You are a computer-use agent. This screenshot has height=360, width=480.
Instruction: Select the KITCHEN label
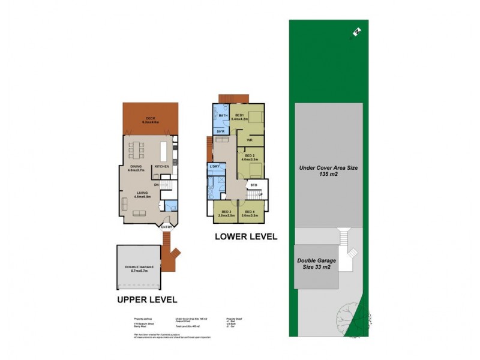pyautogui.click(x=162, y=166)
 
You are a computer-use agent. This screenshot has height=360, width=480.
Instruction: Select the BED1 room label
pyautogui.click(x=239, y=115)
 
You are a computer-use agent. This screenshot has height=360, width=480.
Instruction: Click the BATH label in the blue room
pyautogui.click(x=223, y=115)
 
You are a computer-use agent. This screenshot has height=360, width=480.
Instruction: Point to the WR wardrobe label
pyautogui.click(x=248, y=140)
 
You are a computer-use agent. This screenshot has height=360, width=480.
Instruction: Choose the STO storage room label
pyautogui.click(x=254, y=185)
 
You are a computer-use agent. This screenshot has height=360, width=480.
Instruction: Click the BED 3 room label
pyautogui.click(x=226, y=211)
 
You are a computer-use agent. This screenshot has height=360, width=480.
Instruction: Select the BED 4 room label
pyautogui.click(x=248, y=211)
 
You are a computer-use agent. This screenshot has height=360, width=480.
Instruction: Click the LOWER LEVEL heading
pyautogui.click(x=246, y=237)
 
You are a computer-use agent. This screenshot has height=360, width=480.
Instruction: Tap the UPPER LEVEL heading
pyautogui.click(x=147, y=298)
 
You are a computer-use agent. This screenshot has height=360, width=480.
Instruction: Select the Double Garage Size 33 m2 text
pyautogui.click(x=316, y=265)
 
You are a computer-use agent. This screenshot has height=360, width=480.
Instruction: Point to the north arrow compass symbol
pyautogui.click(x=356, y=32)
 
